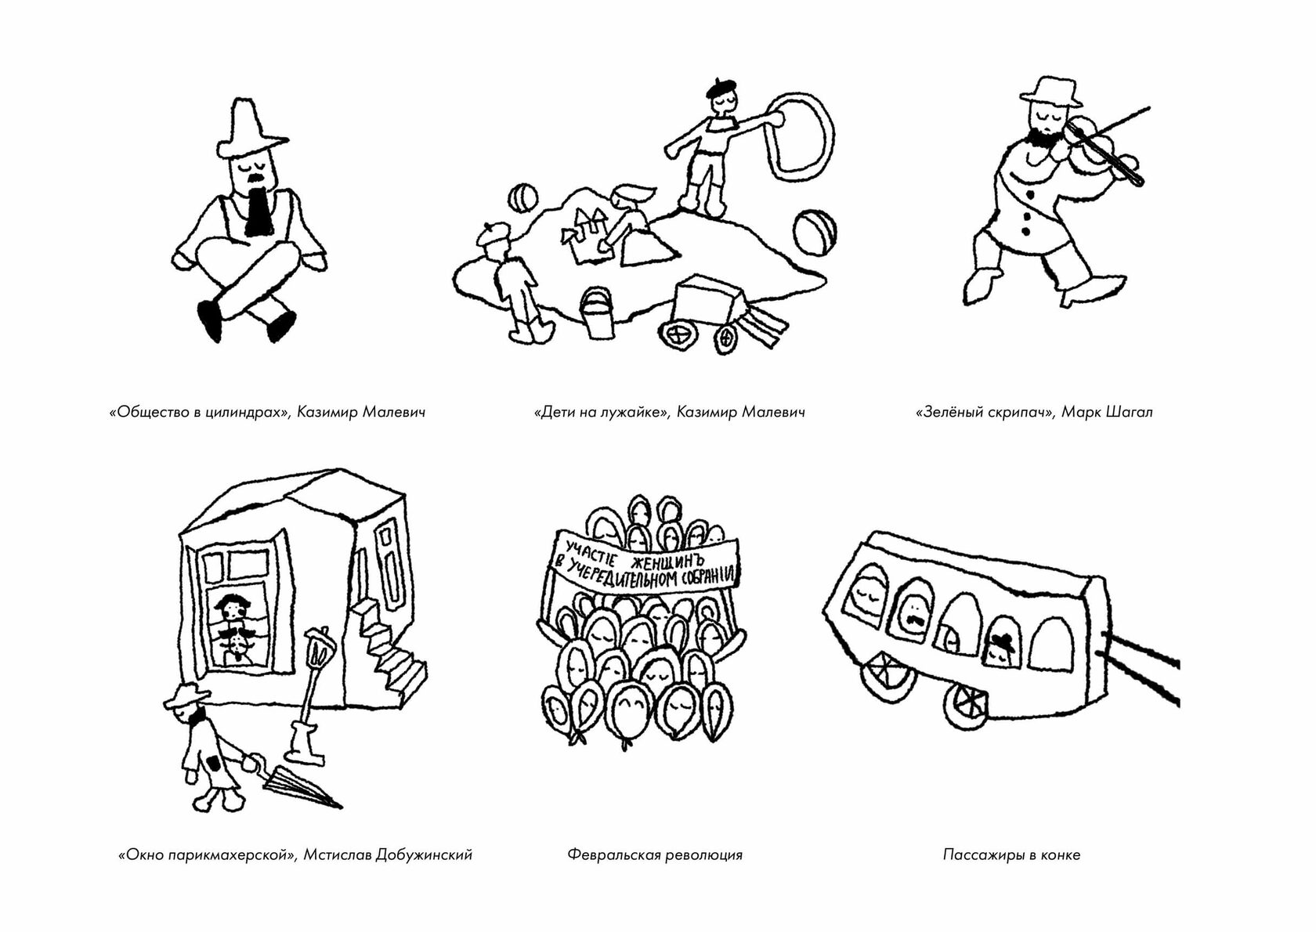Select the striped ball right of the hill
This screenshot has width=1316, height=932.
click(x=815, y=233)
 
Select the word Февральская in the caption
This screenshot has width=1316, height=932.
click(x=613, y=854)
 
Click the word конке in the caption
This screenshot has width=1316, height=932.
click(x=1061, y=854)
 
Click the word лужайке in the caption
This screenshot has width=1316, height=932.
click(x=635, y=413)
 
